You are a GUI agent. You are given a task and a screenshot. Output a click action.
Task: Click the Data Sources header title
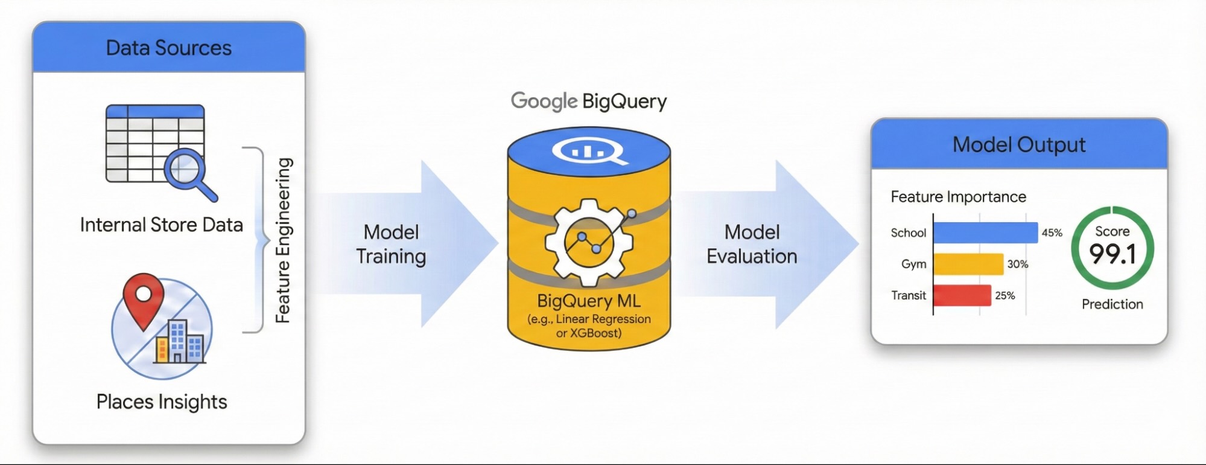pyautogui.click(x=168, y=48)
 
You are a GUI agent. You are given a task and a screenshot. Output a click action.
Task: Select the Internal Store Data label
pyautogui.click(x=162, y=225)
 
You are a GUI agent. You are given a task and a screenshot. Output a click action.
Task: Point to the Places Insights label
pyautogui.click(x=162, y=402)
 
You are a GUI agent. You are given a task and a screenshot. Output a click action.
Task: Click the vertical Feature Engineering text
pyautogui.click(x=284, y=240)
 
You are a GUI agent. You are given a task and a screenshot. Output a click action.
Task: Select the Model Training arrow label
pyautogui.click(x=391, y=244)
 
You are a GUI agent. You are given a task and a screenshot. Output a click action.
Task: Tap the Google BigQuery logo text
pyautogui.click(x=589, y=101)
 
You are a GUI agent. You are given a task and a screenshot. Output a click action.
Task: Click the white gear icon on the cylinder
pyautogui.click(x=589, y=242)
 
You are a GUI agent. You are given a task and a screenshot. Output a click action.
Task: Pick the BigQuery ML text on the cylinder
pyautogui.click(x=589, y=301)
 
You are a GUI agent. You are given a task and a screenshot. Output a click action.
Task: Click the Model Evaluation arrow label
pyautogui.click(x=752, y=244)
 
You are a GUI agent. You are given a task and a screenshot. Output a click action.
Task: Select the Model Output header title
pyautogui.click(x=1019, y=145)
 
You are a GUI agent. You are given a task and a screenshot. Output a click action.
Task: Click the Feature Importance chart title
pyautogui.click(x=958, y=197)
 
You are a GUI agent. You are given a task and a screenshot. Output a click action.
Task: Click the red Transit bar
pyautogui.click(x=962, y=295)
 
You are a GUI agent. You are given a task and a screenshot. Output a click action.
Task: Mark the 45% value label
pyautogui.click(x=1052, y=232)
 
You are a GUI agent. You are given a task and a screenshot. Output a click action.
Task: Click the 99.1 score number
pyautogui.click(x=1112, y=254)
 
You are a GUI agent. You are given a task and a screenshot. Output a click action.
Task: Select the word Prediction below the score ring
pyautogui.click(x=1112, y=304)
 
